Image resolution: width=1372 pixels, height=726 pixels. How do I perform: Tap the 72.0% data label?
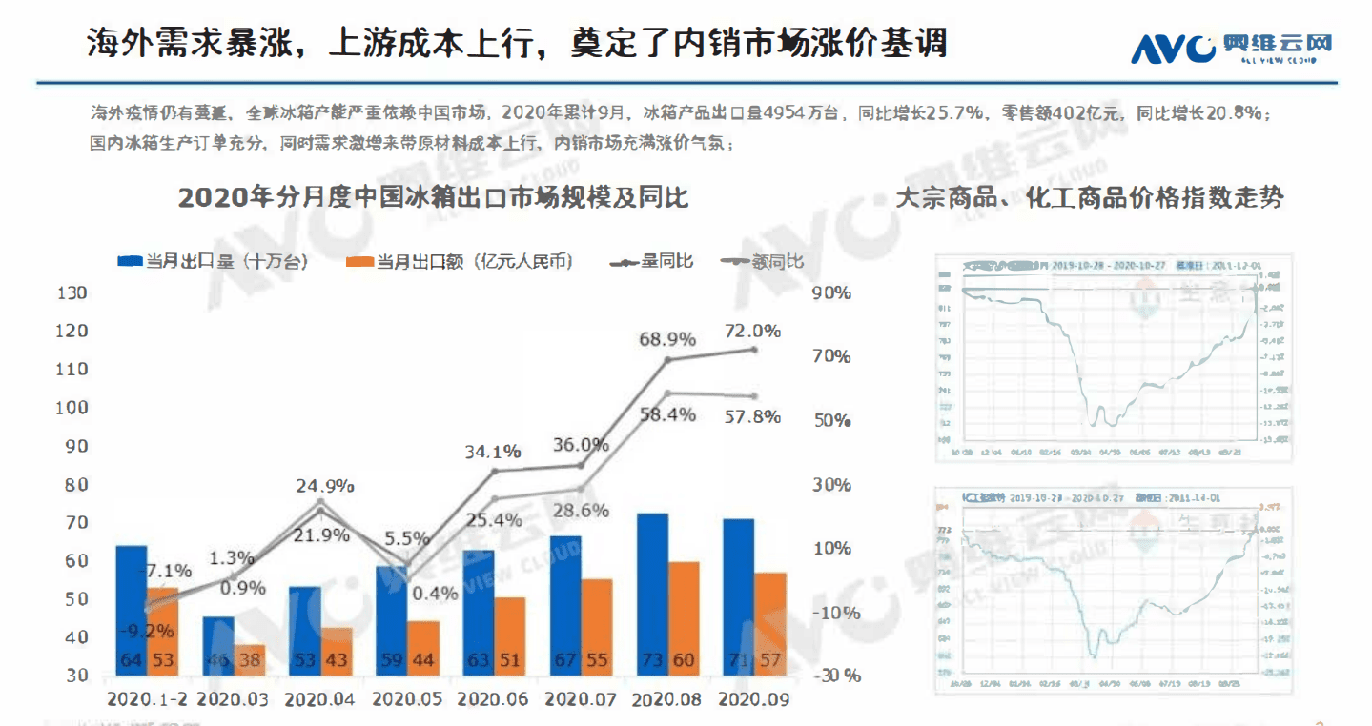pyautogui.click(x=752, y=332)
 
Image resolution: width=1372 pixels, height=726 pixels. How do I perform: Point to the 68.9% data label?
pyautogui.click(x=666, y=339)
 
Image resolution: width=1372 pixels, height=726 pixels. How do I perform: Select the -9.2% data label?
pyautogui.click(x=147, y=630)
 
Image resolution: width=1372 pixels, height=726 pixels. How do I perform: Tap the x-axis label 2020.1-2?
pyautogui.click(x=146, y=699)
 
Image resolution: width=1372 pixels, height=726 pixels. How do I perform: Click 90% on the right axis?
pyautogui.click(x=830, y=292)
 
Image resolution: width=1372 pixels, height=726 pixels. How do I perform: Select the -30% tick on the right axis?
pyautogui.click(x=836, y=676)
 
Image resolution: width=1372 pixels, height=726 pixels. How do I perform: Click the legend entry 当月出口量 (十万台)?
pyautogui.click(x=212, y=261)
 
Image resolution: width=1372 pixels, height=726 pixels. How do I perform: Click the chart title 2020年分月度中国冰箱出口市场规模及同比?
pyautogui.click(x=433, y=198)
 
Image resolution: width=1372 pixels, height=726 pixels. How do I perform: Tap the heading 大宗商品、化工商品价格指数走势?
pyautogui.click(x=1089, y=198)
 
